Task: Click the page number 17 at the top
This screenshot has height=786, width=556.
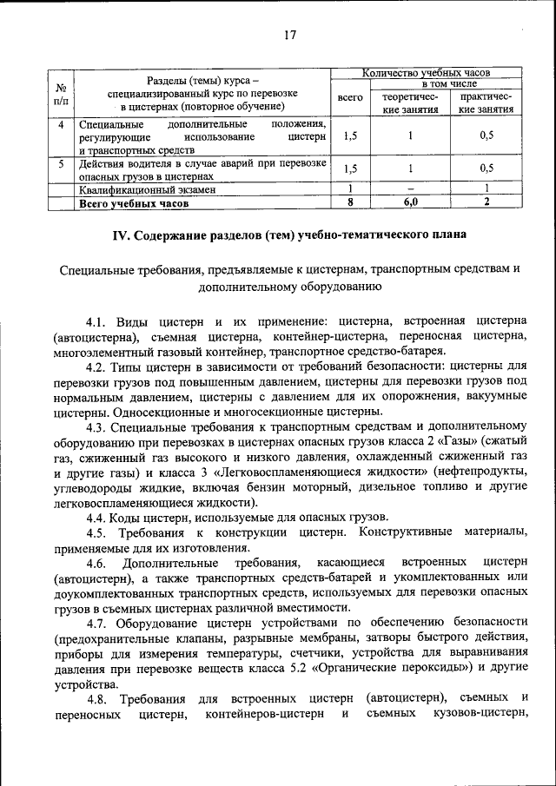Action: tap(289, 35)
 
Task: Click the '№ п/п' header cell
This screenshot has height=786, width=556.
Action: tap(61, 93)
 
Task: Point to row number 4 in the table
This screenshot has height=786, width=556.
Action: tap(61, 124)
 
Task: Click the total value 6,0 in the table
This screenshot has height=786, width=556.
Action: tap(410, 202)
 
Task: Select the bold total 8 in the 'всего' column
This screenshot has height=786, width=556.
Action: tap(349, 202)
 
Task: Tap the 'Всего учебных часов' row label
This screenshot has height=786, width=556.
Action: tap(132, 203)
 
